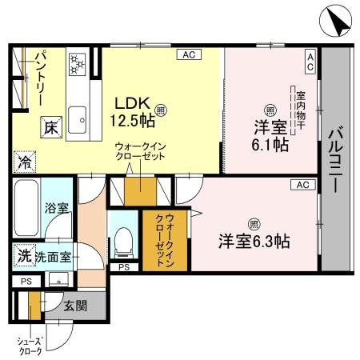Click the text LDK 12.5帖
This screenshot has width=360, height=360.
click(132, 112)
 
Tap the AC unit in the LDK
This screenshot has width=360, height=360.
click(189, 54)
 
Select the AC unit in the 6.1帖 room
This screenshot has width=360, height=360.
click(310, 62)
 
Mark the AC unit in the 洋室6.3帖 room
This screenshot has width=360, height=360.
click(302, 185)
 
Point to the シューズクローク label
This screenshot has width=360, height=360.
click(30, 346)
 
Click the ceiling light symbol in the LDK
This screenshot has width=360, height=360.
click(162, 110)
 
